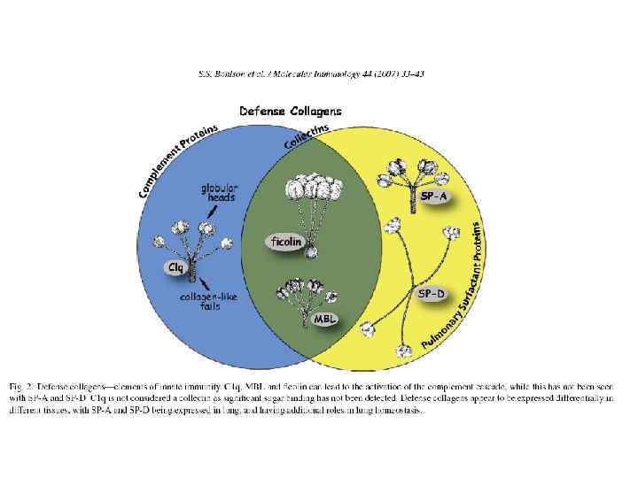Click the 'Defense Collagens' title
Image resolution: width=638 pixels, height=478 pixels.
click(x=291, y=111)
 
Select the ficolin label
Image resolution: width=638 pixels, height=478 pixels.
click(x=285, y=240)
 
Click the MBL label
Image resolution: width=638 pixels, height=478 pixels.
click(x=323, y=317)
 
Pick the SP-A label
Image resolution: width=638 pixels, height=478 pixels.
click(x=432, y=197)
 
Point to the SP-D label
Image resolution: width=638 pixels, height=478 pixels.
click(x=432, y=293)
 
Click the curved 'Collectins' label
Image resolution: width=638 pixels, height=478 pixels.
click(x=306, y=135)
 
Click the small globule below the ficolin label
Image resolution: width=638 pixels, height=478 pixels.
click(x=311, y=254)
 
